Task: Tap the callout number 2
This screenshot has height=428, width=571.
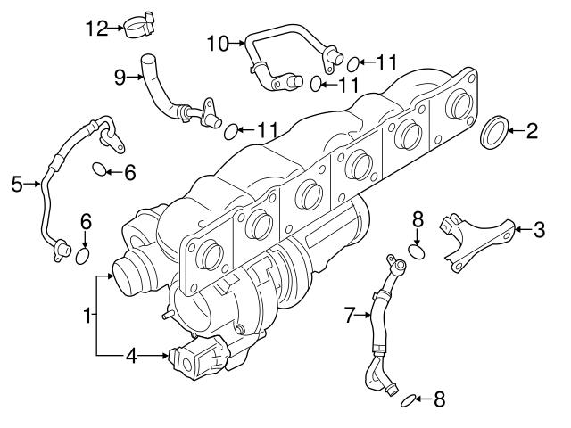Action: (x=532, y=133)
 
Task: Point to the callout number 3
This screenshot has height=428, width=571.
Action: (x=538, y=230)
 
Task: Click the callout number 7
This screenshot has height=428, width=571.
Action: (x=350, y=313)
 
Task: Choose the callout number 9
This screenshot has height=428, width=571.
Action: (x=120, y=78)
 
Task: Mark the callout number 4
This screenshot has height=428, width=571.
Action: (x=131, y=356)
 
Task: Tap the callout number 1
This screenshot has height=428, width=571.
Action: (x=87, y=314)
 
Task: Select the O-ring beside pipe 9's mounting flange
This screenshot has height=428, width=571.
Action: (x=230, y=131)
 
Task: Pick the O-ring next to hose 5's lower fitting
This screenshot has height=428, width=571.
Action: (x=82, y=256)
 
